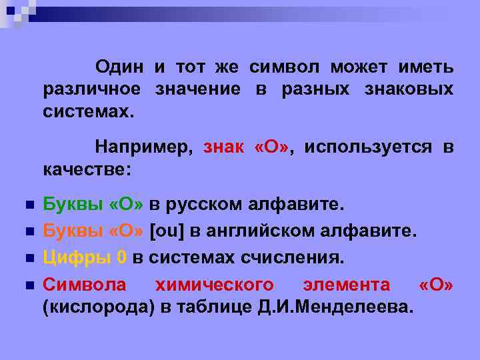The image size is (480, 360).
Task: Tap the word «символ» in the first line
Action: [284, 67]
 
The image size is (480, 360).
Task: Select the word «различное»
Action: [92, 89]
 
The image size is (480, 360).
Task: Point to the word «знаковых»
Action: [410, 89]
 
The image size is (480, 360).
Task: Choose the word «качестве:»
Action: [87, 169]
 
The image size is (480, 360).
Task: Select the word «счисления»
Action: [301, 257]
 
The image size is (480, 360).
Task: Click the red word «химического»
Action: [214, 285]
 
